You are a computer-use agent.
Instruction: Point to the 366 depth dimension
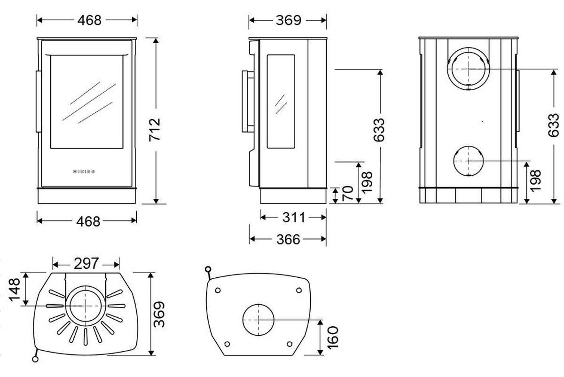(288, 239)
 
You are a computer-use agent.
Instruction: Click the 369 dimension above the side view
(288, 20)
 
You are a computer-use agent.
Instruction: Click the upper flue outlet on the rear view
(469, 69)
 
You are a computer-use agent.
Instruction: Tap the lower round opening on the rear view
(469, 161)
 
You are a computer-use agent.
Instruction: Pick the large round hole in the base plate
(258, 319)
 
